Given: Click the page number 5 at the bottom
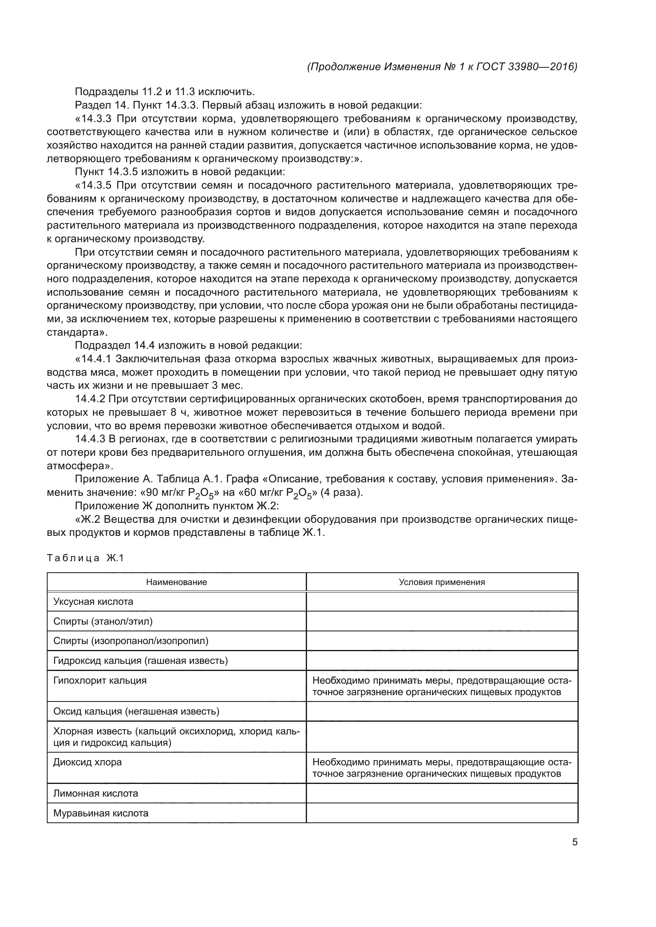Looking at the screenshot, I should [x=574, y=842].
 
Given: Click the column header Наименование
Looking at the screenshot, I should [x=176, y=582].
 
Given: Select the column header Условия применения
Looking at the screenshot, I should [x=441, y=582].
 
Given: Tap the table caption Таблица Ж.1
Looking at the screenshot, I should [x=85, y=558].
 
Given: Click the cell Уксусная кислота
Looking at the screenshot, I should [x=93, y=602].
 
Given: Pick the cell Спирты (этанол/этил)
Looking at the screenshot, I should [x=103, y=621].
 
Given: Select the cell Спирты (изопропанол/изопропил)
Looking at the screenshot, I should [x=131, y=641].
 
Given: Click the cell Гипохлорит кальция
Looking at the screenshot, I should [x=100, y=681].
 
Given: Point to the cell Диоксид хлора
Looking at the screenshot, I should [x=87, y=762].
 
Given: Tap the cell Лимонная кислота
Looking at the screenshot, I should [x=96, y=793].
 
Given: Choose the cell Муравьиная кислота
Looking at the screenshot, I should [x=101, y=813].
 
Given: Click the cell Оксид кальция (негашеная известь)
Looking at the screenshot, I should [x=136, y=711].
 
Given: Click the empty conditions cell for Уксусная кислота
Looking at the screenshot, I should [x=441, y=602].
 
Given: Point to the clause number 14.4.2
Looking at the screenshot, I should [x=90, y=399].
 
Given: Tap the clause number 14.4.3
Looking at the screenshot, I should [x=90, y=439].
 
